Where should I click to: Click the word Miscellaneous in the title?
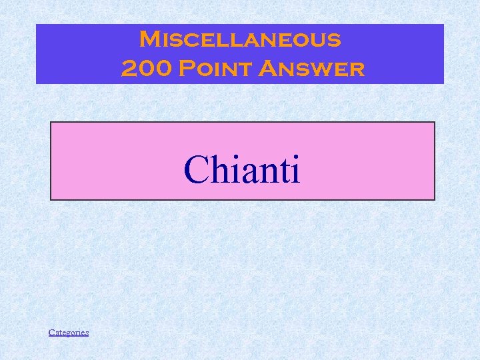point(240,39)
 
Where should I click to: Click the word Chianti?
point(242,169)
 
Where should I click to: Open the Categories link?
point(69,332)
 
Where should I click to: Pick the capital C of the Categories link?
point(51,332)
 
